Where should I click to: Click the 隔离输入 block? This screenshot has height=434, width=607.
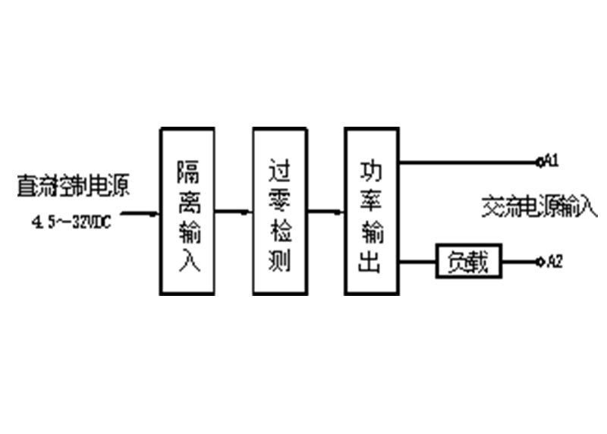click(187, 211)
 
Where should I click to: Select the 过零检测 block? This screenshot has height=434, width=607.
click(280, 211)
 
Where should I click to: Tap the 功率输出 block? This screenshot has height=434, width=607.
click(371, 211)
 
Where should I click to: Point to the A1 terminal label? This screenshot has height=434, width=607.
click(552, 161)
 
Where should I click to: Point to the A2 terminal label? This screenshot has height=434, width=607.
click(555, 263)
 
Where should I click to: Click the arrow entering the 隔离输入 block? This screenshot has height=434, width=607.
click(141, 212)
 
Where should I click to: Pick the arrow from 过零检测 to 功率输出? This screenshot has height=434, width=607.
click(326, 212)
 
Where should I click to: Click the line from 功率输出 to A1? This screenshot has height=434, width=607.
click(467, 161)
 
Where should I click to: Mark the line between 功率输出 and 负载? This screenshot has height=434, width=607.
click(417, 263)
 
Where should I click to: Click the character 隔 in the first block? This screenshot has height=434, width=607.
click(187, 172)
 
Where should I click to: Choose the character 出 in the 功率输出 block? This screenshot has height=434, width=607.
click(371, 262)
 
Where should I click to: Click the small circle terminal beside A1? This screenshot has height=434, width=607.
click(539, 161)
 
